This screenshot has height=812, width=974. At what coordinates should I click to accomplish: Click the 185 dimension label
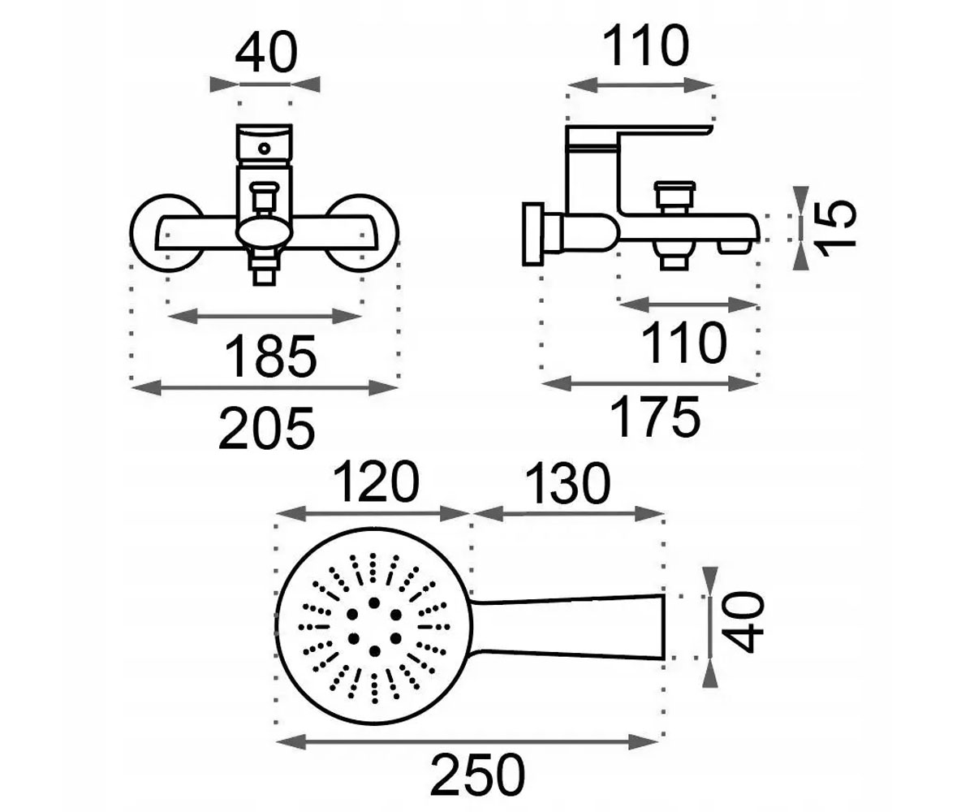pyautogui.click(x=270, y=356)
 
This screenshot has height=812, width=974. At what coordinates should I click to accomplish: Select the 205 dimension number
pyautogui.click(x=267, y=428)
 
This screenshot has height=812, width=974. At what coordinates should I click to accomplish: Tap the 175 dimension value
pyautogui.click(x=655, y=417)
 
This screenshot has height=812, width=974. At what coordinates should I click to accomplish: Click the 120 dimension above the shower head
pyautogui.click(x=376, y=482)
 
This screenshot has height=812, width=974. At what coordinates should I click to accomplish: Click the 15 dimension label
pyautogui.click(x=838, y=229)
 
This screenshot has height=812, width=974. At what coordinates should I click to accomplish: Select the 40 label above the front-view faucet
pyautogui.click(x=266, y=52)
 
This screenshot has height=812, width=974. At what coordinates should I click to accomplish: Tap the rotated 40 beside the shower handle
pyautogui.click(x=744, y=621)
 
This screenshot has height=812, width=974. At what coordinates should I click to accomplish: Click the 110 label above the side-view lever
pyautogui.click(x=645, y=45)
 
